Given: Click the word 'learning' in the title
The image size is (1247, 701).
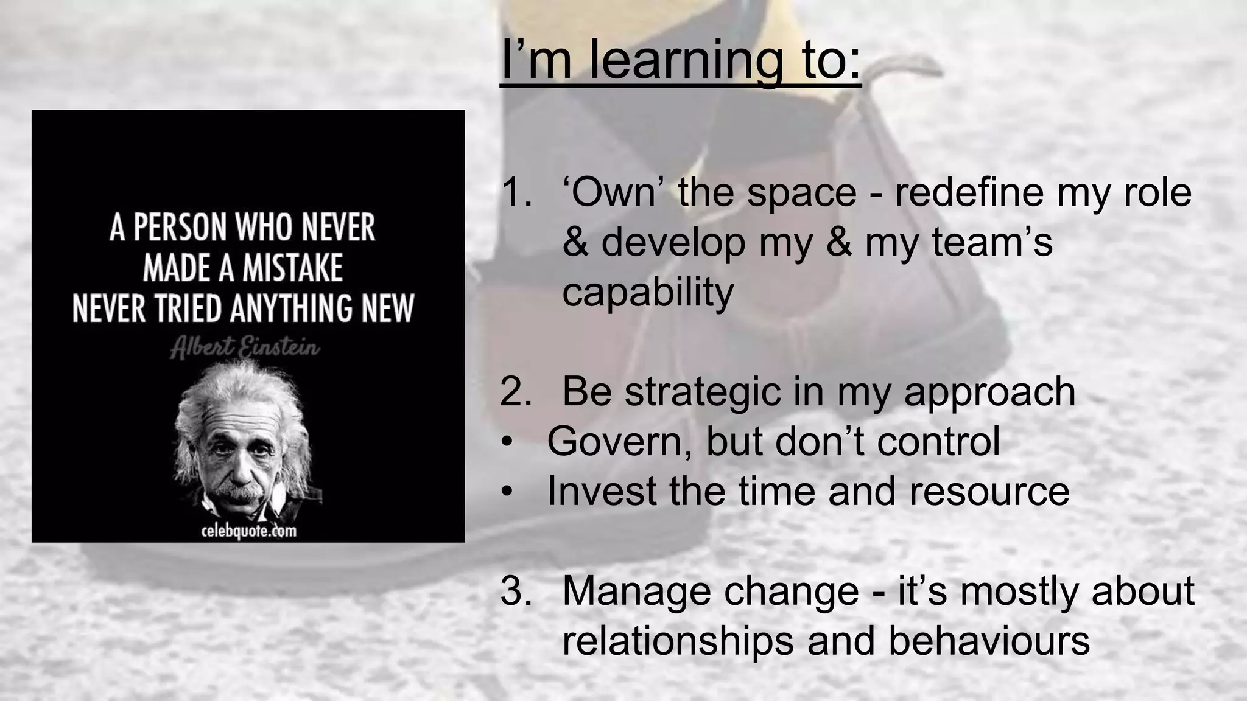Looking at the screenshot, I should (x=686, y=60).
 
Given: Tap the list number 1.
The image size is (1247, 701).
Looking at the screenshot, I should (x=515, y=192).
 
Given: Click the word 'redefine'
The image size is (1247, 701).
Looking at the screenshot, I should (x=968, y=192).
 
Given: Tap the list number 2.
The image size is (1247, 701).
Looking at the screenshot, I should (x=515, y=391).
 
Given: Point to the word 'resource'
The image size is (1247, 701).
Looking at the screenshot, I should (x=989, y=492).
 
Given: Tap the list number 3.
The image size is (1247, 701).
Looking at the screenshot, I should (x=515, y=591).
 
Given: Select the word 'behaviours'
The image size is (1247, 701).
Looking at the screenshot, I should (x=989, y=641).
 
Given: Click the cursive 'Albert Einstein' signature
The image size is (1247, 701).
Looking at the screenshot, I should (x=245, y=348).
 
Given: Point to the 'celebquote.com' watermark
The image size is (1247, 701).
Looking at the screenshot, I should (x=248, y=531).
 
